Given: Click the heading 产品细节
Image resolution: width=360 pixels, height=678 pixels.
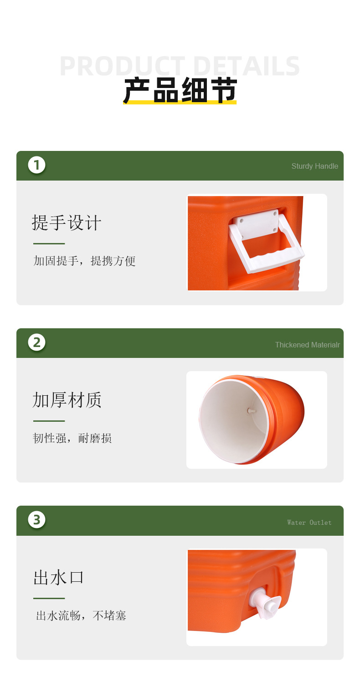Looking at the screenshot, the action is click(x=180, y=90).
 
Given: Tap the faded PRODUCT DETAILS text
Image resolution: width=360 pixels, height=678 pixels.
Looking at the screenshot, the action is click(x=180, y=66).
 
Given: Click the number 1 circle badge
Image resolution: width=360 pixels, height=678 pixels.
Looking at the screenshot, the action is click(x=36, y=165).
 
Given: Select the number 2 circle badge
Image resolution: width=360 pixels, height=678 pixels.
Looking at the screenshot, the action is click(x=36, y=342).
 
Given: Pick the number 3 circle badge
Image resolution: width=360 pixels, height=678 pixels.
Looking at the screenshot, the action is click(x=36, y=520).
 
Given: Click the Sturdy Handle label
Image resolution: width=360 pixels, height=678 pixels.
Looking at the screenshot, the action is click(x=314, y=166).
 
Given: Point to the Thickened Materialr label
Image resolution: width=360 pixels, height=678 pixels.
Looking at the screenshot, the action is click(x=307, y=345).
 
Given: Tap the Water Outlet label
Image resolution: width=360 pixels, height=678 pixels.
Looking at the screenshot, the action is click(x=309, y=523).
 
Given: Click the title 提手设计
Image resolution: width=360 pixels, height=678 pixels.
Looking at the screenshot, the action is click(x=67, y=223).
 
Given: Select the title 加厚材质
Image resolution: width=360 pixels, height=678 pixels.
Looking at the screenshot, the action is click(x=67, y=400).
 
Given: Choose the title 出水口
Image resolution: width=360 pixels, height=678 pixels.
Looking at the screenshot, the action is click(x=58, y=577).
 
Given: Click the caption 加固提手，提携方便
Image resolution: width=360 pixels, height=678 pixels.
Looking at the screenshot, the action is click(x=84, y=261).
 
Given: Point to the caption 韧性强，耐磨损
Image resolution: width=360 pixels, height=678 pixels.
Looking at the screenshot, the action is click(x=72, y=438).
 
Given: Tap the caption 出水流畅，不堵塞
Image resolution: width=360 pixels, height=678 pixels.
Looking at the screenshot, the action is click(x=81, y=616).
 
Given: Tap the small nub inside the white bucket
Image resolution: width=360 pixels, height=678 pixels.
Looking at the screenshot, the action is click(x=251, y=410).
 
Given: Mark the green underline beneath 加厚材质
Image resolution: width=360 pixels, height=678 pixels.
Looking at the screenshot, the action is click(x=49, y=421).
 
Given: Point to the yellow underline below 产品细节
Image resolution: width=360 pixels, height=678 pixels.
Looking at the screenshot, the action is click(x=180, y=102).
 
